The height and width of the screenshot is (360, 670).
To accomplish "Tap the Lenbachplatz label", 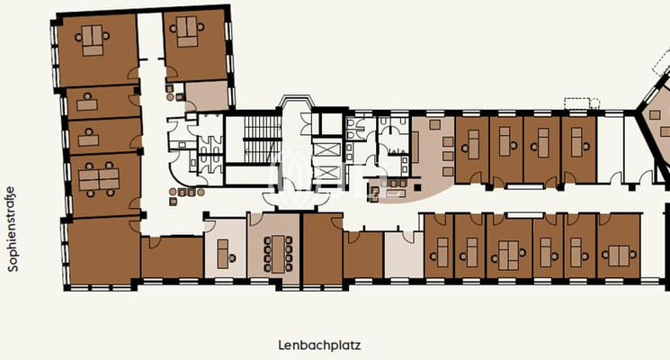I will [x=312, y=345].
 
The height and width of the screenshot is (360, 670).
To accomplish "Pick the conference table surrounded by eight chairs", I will [x=277, y=246].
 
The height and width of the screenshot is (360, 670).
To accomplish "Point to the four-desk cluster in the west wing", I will [x=99, y=179].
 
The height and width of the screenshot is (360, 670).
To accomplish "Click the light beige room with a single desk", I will [x=224, y=247].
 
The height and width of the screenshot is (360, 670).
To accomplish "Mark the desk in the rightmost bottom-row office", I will [x=619, y=246].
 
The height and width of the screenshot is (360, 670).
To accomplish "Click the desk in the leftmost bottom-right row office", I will [x=438, y=248].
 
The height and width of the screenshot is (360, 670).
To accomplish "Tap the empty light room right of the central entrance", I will [x=402, y=255].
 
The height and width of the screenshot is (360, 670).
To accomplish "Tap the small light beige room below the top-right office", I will [x=206, y=95].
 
